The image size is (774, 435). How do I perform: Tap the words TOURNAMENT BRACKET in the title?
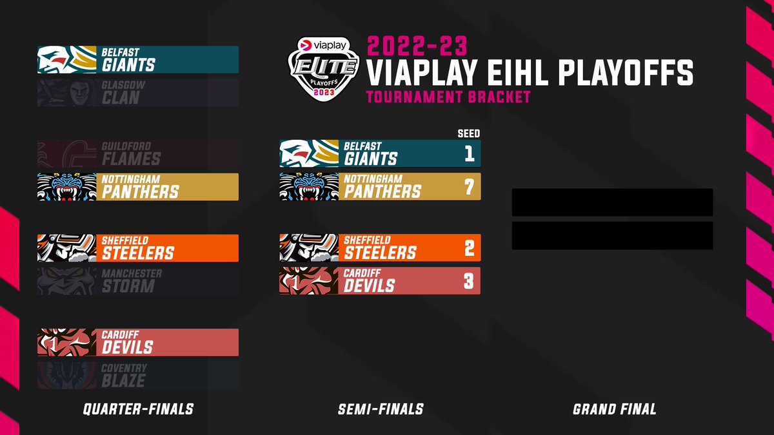coord(448,97)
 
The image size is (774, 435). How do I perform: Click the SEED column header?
coord(469,133)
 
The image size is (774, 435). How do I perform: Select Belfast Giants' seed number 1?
coord(469,153)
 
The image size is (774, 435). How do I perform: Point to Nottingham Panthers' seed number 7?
coord(469,187)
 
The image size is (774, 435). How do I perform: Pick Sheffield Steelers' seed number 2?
coord(469,248)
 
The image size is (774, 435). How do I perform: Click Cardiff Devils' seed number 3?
coord(469,281)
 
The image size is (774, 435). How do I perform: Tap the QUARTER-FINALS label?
coord(138,409)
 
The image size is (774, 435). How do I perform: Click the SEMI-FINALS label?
coord(381,409)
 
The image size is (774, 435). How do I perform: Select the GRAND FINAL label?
coord(614,409)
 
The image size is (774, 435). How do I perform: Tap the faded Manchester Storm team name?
coord(132,281)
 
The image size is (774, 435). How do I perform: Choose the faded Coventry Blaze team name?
coord(124,375)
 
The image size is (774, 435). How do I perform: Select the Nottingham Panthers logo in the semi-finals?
coord(309,187)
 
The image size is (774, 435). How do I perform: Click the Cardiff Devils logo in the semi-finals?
coord(309,281)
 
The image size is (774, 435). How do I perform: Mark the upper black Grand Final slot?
coord(612,202)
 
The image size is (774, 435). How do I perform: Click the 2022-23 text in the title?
coord(417,46)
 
